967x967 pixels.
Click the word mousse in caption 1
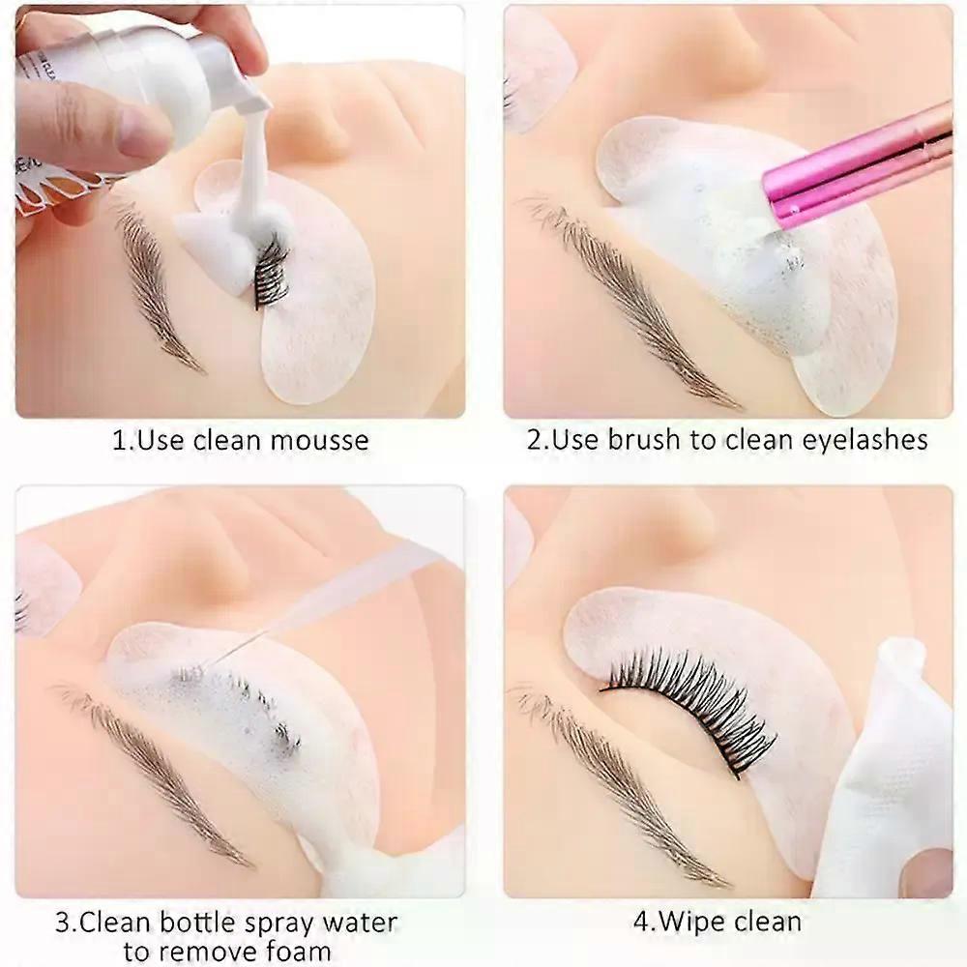(x=319, y=441)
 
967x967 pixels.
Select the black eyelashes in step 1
(x=272, y=272)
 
